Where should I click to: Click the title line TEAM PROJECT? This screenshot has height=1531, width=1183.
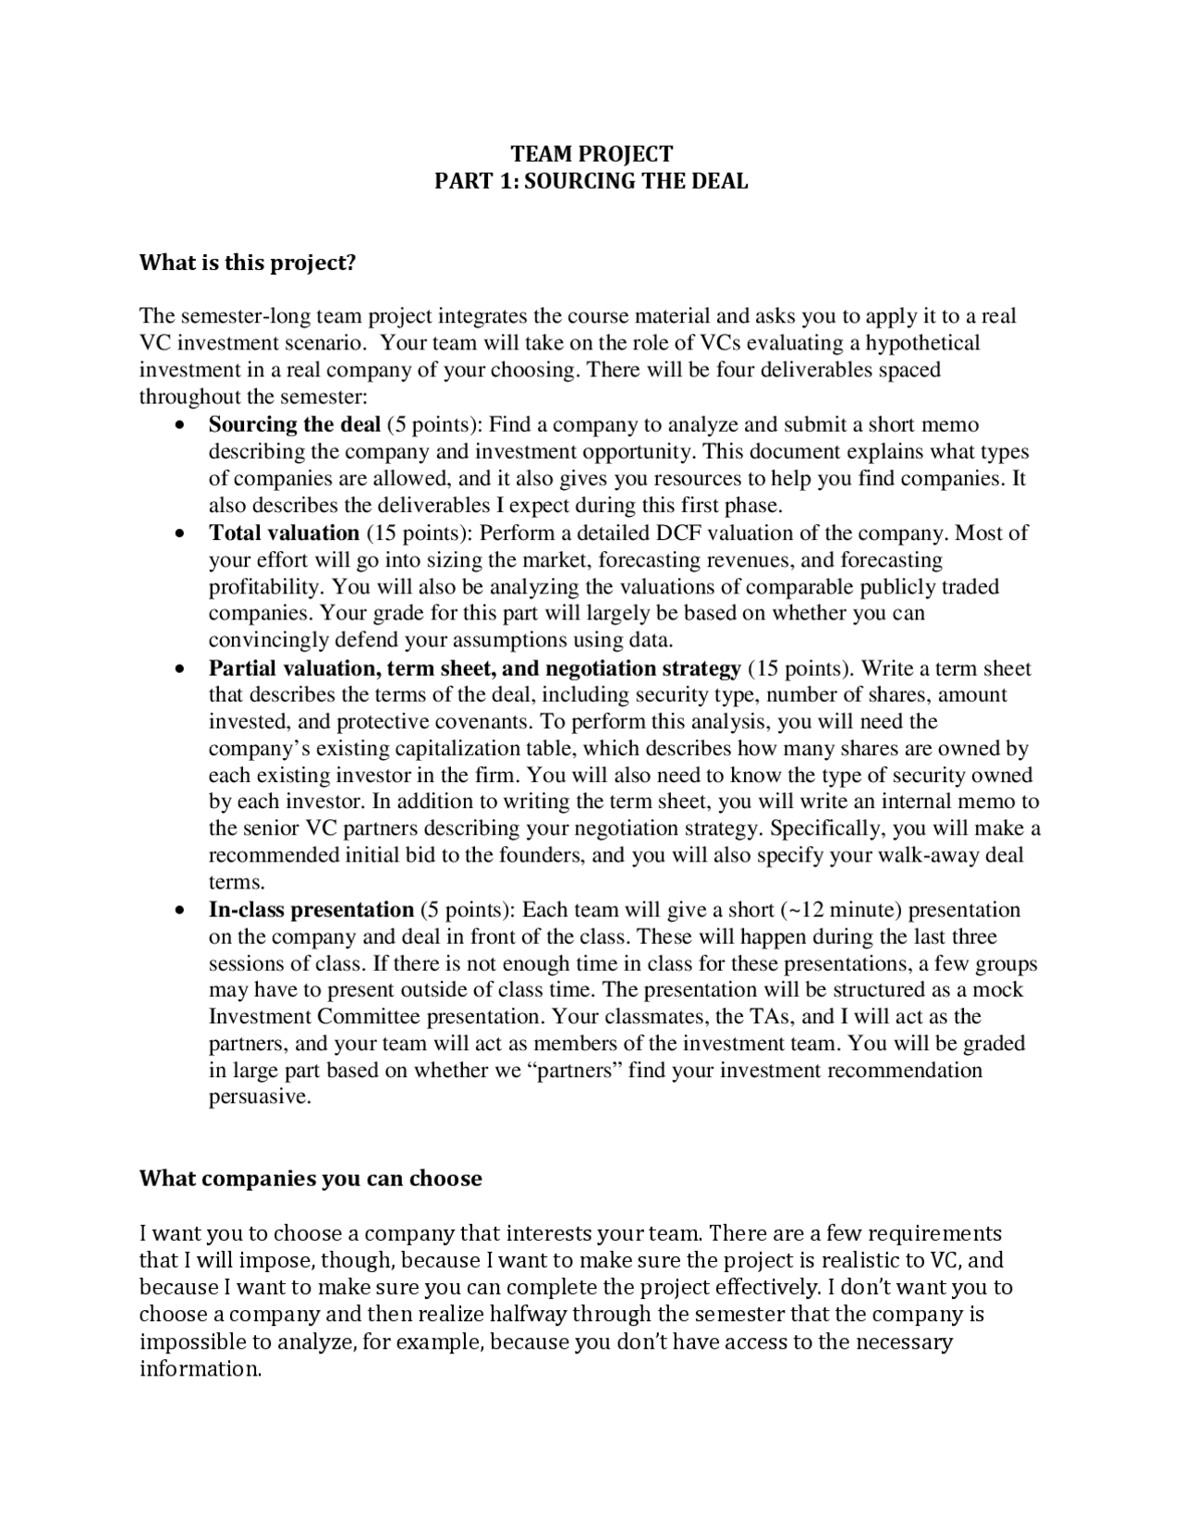pyautogui.click(x=591, y=153)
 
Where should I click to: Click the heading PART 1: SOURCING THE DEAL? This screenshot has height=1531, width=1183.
pyautogui.click(x=591, y=181)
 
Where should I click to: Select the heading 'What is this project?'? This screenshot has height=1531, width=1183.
pyautogui.click(x=247, y=263)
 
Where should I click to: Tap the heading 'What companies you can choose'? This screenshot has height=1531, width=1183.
pyautogui.click(x=311, y=1179)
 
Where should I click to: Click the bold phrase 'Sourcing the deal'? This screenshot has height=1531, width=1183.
pyautogui.click(x=294, y=425)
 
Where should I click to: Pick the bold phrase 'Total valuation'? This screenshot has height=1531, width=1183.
pyautogui.click(x=284, y=533)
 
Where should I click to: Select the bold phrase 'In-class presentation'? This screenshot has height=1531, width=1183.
pyautogui.click(x=311, y=910)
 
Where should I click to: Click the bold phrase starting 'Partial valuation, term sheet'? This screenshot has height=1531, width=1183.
pyautogui.click(x=474, y=668)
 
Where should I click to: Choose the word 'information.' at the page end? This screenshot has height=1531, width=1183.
pyautogui.click(x=201, y=1369)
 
